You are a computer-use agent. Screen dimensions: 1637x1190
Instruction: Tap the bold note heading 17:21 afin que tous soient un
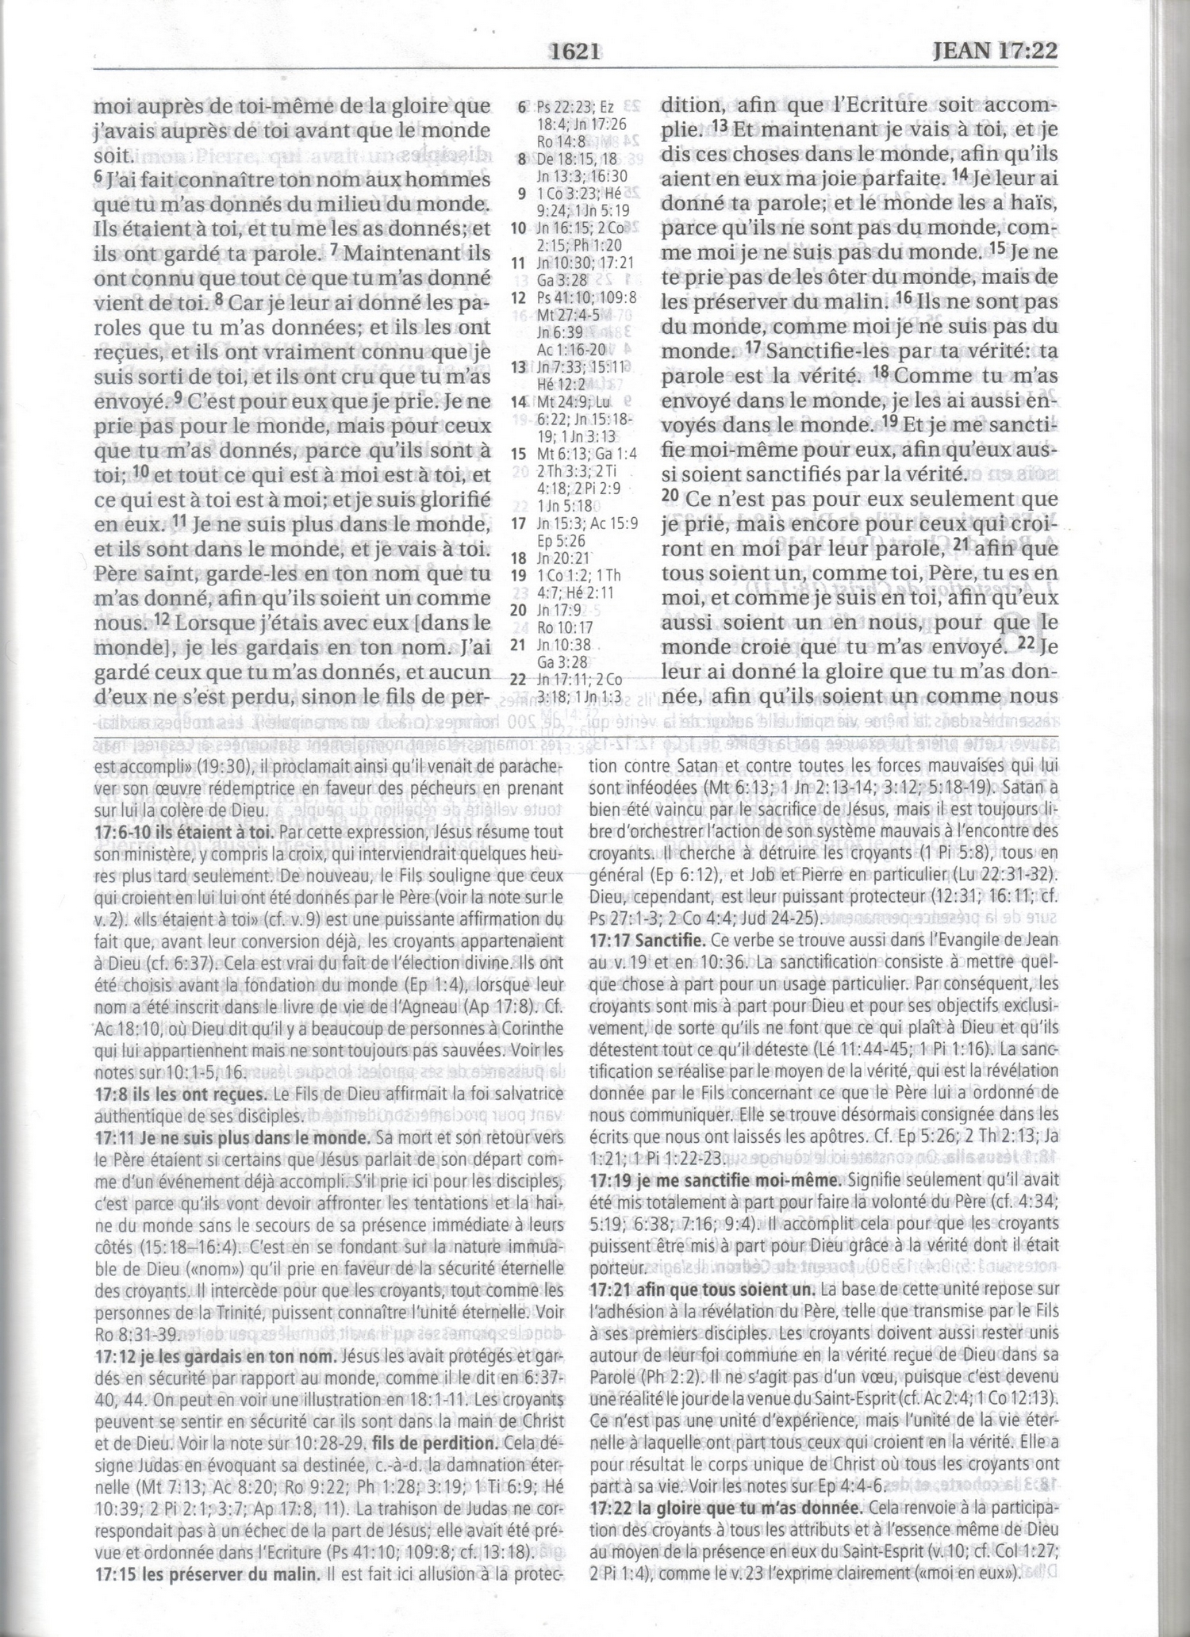click(x=703, y=1288)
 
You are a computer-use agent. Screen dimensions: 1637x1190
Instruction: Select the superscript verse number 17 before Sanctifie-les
click(x=754, y=347)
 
